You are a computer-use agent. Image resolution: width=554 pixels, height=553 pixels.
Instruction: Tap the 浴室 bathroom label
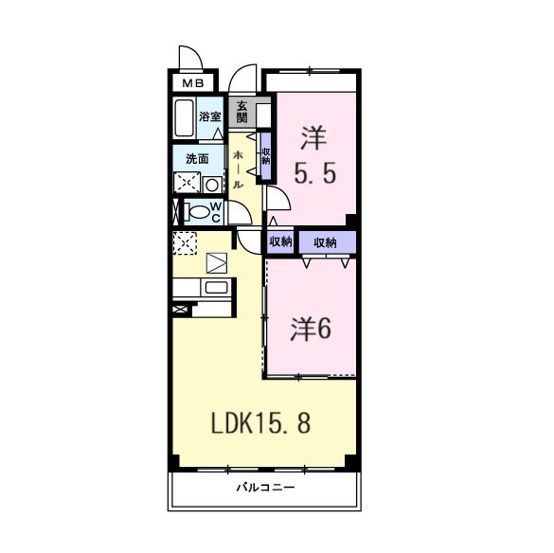click(210, 116)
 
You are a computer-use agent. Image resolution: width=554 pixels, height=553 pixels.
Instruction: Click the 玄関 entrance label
click(242, 112)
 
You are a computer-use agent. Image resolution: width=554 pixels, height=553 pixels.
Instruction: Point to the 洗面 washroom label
click(197, 159)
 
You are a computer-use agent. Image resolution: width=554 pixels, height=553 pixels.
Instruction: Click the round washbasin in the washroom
click(212, 184)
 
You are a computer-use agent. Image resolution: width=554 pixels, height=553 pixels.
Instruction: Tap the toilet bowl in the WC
click(196, 212)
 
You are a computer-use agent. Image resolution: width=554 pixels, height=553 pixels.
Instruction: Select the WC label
click(216, 211)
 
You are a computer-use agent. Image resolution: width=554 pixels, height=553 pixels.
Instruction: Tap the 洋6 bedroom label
click(310, 330)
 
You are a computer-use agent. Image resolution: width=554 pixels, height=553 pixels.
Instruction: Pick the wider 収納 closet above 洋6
click(326, 242)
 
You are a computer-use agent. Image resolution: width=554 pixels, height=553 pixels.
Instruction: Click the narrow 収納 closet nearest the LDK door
click(280, 242)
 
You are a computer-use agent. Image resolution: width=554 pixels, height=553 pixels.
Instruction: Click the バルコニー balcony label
click(265, 489)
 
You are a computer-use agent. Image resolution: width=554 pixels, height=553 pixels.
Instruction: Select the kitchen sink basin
click(216, 288)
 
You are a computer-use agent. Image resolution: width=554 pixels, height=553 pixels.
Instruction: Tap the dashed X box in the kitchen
click(184, 242)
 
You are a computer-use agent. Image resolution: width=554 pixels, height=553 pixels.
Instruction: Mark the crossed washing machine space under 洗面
click(186, 184)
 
